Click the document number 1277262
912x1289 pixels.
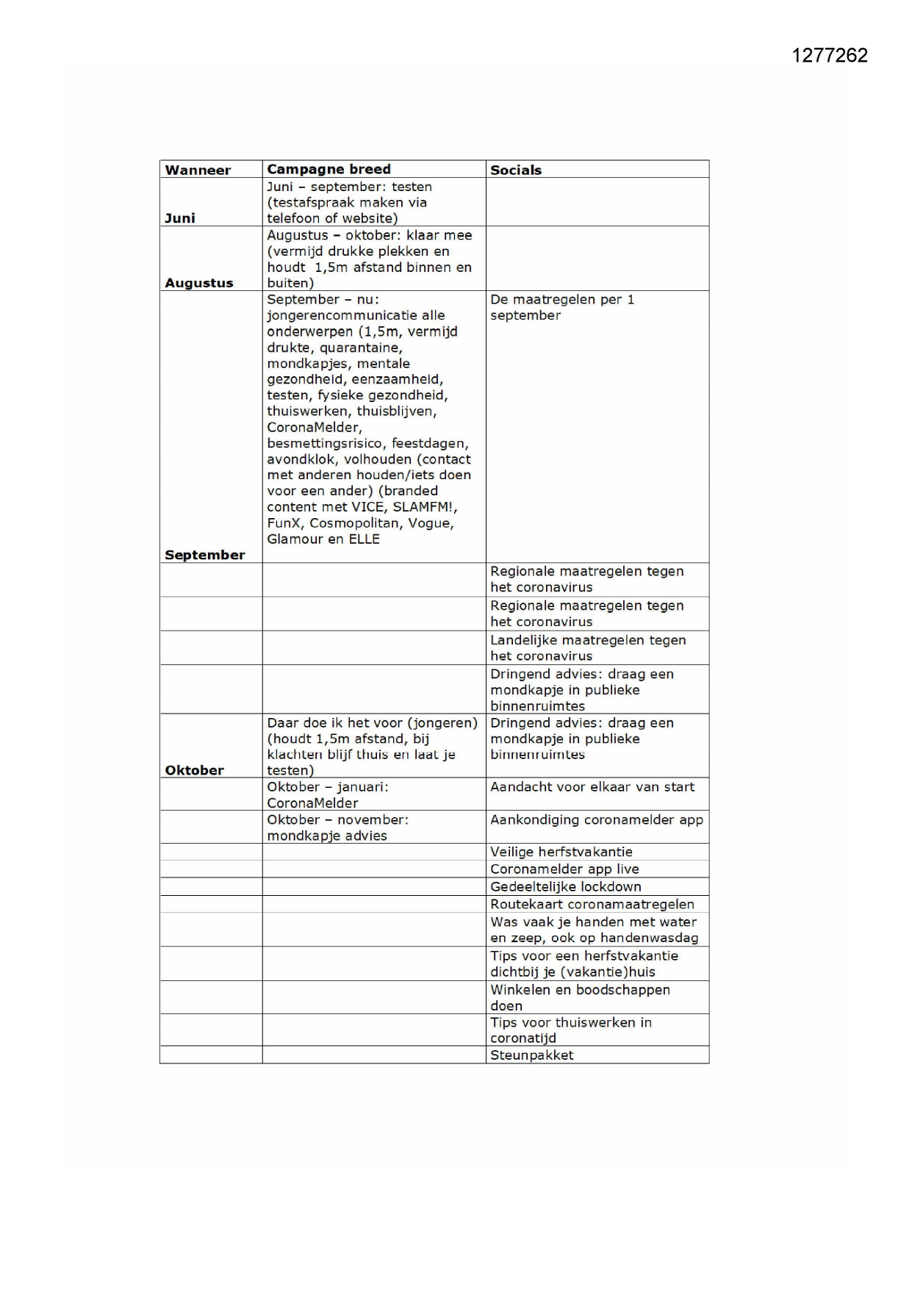[x=830, y=56]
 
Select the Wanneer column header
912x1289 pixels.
[x=198, y=170]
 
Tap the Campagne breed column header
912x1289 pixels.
[x=328, y=169]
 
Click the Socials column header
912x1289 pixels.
[x=516, y=170]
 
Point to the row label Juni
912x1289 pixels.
[x=180, y=218]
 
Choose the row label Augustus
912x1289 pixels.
[x=198, y=283]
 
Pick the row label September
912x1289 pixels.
[x=204, y=555]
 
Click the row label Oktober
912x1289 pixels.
[x=194, y=770]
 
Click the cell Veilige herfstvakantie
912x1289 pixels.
[x=561, y=852]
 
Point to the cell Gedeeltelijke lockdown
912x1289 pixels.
[x=566, y=887]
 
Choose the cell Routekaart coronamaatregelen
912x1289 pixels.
[x=592, y=905]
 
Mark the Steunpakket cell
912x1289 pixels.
[x=532, y=1055]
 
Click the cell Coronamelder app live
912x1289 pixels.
[x=564, y=869]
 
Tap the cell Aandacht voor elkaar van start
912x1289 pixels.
[x=592, y=787]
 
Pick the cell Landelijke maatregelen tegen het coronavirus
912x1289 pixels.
[x=588, y=648]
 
